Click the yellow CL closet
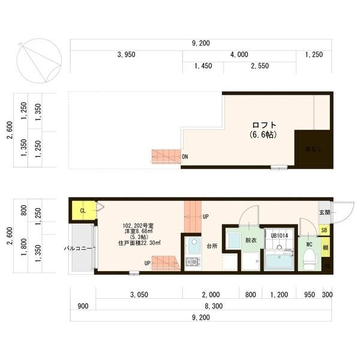tap(83, 211)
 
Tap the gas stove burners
tap(194, 263)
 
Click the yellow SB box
tap(325, 230)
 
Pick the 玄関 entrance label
tap(325, 212)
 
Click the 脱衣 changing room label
tap(250, 240)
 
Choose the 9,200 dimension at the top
tap(200, 43)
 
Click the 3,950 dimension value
tap(126, 55)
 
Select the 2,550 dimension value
tap(259, 66)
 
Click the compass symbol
tap(40, 60)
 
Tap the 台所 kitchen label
tap(212, 245)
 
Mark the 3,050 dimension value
tap(140, 295)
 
